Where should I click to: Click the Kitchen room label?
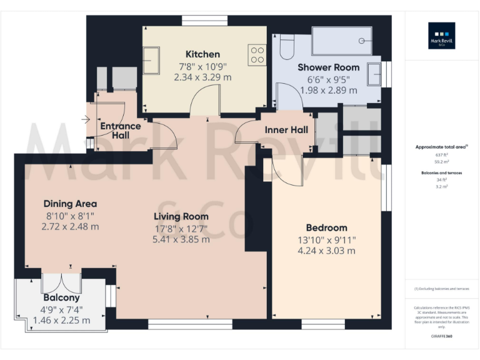[202, 54]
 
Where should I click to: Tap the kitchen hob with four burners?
[257, 55]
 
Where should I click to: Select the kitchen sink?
[151, 61]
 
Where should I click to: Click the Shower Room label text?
[328, 67]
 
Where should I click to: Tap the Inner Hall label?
[286, 130]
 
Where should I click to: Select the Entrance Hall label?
[121, 130]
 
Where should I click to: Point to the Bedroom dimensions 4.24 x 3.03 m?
[326, 251]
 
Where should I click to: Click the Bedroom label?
[326, 227]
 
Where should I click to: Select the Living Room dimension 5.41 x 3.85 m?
[181, 239]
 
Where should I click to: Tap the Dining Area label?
[70, 203]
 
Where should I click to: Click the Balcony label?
[61, 297]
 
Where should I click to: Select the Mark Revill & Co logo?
[441, 36]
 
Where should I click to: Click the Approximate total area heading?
[441, 147]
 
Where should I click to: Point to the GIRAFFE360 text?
[441, 336]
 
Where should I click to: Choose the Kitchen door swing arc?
[204, 100]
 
